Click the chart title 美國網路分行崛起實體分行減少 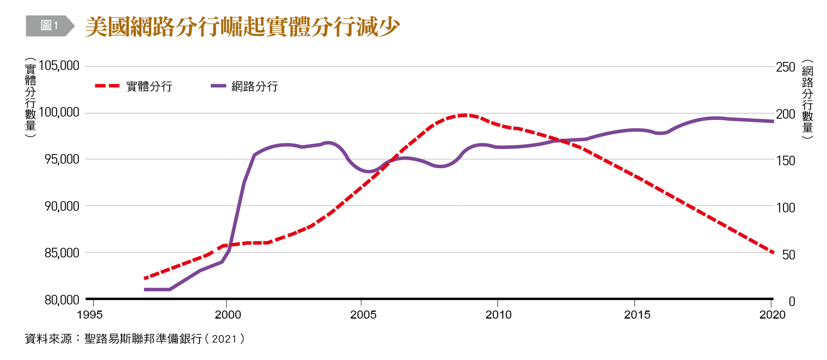tap(242, 27)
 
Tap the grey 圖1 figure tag tap(49, 26)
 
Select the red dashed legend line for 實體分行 tap(107, 86)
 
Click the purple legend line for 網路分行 tap(218, 86)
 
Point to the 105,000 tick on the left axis tap(59, 66)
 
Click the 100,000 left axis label tap(59, 112)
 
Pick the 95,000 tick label tap(62, 159)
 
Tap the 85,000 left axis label tap(62, 253)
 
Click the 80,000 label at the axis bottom tap(62, 300)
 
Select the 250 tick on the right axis tap(785, 67)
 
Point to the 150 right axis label tap(785, 161)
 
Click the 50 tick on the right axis tap(788, 255)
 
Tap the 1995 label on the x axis tap(90, 315)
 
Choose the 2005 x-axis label tap(363, 315)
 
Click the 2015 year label tap(637, 315)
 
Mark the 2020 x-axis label tap(772, 315)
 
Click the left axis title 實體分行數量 tap(31, 97)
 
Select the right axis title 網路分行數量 tap(807, 99)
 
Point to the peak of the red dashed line tap(465, 115)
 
